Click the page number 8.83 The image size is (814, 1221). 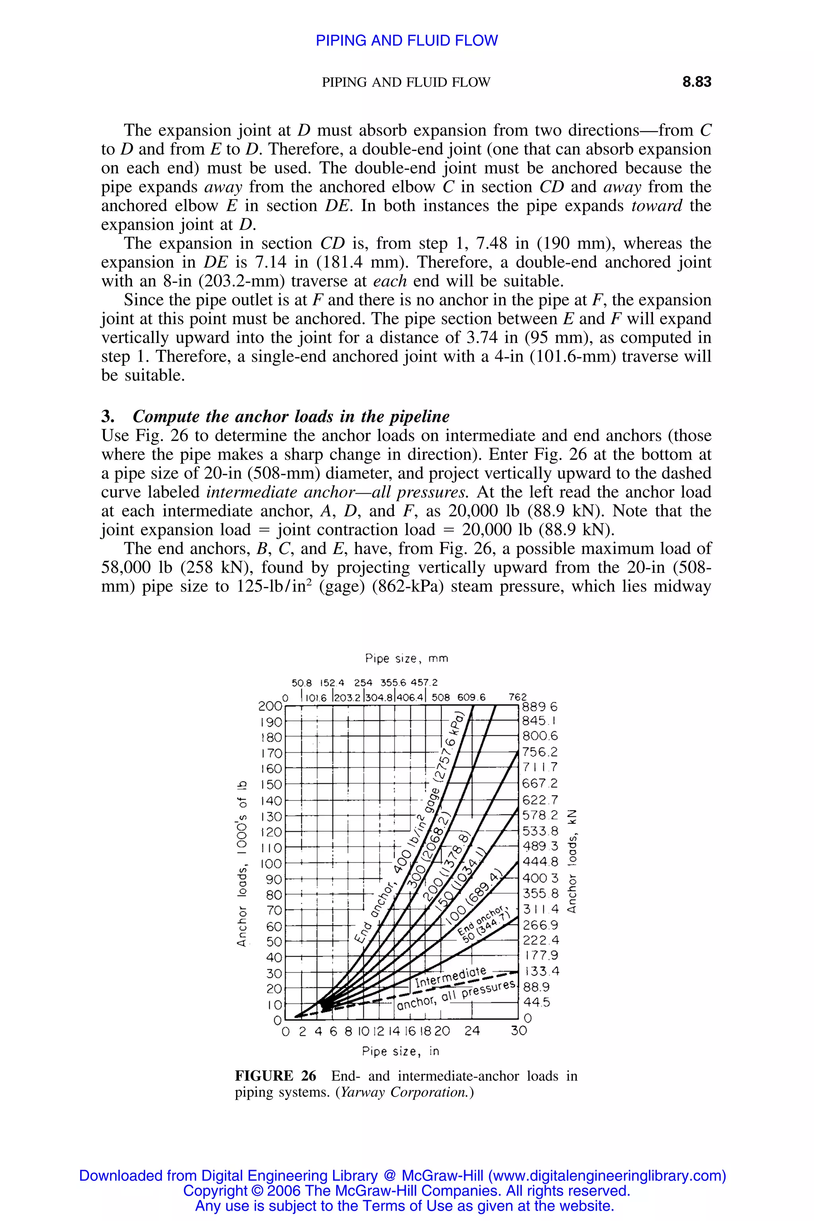(x=696, y=82)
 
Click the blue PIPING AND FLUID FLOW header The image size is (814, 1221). (x=407, y=41)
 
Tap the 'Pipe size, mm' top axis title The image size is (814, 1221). (x=407, y=658)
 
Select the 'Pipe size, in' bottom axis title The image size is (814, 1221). (x=400, y=1051)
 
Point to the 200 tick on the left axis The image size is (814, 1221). (x=269, y=706)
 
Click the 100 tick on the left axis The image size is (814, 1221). (x=270, y=864)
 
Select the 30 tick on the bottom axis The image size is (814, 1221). (x=519, y=1031)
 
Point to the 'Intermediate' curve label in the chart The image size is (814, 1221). (x=451, y=977)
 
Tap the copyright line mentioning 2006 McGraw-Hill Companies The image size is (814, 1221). (x=407, y=1190)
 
